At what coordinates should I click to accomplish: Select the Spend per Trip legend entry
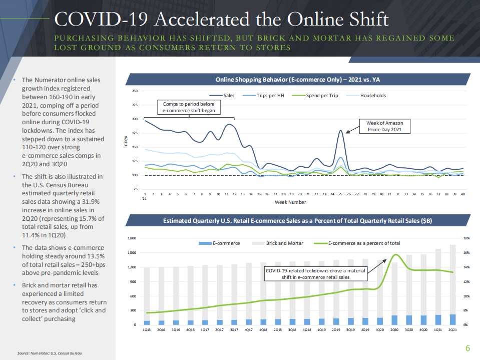click(x=321, y=96)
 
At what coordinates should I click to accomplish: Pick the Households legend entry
click(x=373, y=96)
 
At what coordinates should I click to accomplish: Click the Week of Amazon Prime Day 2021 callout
click(x=384, y=126)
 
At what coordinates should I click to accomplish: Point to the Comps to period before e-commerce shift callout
click(x=189, y=107)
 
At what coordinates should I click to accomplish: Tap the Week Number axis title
click(x=290, y=202)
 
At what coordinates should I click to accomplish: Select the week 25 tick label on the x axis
click(x=340, y=193)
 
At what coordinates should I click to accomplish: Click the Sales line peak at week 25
click(x=340, y=131)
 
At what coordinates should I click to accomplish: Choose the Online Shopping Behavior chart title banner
click(x=298, y=79)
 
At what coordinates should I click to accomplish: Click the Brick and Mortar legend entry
click(x=282, y=243)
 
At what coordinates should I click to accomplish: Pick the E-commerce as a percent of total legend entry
click(x=363, y=243)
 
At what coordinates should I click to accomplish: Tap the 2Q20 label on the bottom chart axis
click(x=394, y=330)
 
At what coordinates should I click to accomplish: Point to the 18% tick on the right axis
click(x=465, y=239)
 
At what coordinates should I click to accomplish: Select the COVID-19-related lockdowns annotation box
click(x=315, y=273)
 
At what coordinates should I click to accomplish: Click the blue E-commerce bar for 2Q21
click(x=452, y=319)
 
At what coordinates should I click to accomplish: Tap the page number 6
click(x=467, y=348)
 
